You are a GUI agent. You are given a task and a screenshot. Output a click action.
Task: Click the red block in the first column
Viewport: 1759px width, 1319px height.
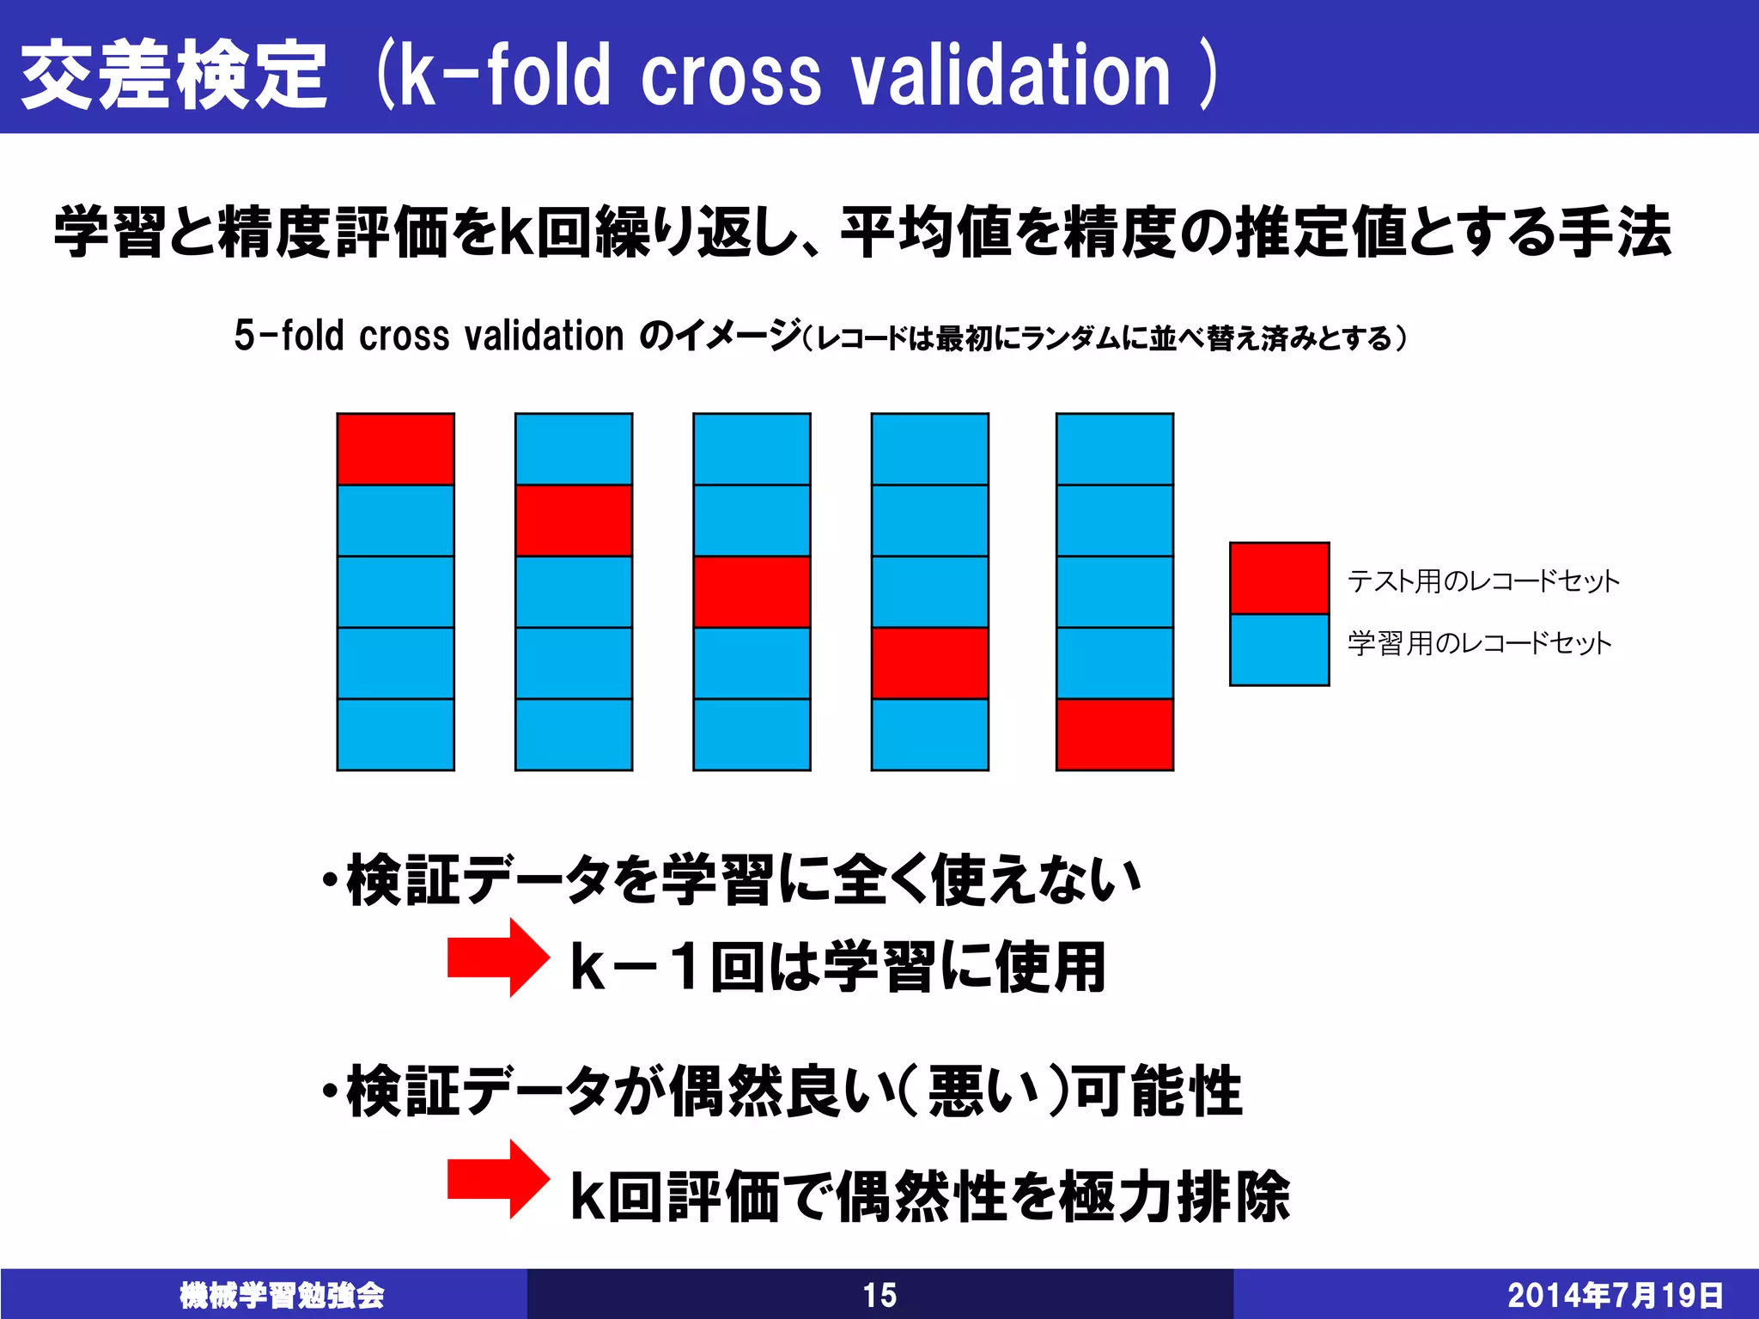click(395, 449)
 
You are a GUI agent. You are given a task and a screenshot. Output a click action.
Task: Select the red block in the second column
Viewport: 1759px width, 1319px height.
click(574, 520)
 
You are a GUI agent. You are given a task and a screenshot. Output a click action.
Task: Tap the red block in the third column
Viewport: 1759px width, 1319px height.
click(752, 592)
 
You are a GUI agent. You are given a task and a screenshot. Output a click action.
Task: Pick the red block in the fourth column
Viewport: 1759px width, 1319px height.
click(930, 663)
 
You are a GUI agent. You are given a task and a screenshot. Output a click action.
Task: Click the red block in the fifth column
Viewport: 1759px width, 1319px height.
click(1115, 734)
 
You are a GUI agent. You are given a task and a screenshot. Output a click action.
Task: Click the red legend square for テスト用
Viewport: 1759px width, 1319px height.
click(1279, 578)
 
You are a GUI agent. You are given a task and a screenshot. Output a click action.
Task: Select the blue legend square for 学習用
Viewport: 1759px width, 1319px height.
click(1279, 649)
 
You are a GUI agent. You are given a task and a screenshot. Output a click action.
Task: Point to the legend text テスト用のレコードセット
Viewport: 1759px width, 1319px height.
click(1483, 581)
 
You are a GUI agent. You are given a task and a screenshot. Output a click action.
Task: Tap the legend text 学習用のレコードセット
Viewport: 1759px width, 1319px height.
click(1479, 643)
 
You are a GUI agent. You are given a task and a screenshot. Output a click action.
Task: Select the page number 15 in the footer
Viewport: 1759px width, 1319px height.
click(879, 1295)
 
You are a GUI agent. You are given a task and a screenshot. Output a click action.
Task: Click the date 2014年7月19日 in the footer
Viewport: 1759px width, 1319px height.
click(1615, 1295)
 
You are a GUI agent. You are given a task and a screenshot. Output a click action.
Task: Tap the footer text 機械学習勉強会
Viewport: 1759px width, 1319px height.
click(282, 1295)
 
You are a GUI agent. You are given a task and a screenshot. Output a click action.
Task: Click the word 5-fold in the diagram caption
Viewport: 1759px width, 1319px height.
click(289, 336)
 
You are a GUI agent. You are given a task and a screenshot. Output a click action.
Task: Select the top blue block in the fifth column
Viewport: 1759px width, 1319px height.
click(1115, 449)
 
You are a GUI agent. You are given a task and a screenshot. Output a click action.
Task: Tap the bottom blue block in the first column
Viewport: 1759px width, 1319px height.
click(395, 734)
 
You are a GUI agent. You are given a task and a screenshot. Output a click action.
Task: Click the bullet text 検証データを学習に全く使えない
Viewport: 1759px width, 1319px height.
click(743, 880)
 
